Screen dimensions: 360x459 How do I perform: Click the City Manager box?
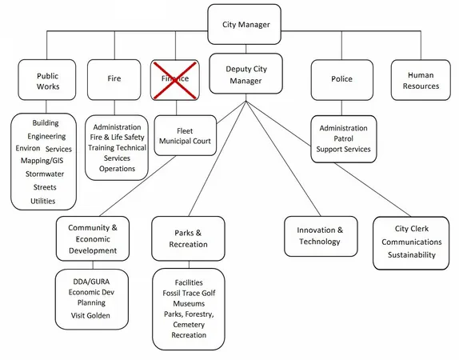pyautogui.click(x=245, y=24)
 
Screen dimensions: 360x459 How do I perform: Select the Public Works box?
pyautogui.click(x=47, y=81)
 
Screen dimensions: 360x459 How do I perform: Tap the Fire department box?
pyautogui.click(x=114, y=79)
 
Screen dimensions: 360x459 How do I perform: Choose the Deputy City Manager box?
pyautogui.click(x=245, y=75)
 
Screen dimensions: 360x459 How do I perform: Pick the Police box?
pyautogui.click(x=341, y=79)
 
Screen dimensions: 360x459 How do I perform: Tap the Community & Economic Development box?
pyautogui.click(x=93, y=239)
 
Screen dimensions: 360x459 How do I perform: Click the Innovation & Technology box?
pyautogui.click(x=319, y=236)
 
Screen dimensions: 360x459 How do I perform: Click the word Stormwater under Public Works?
pyautogui.click(x=45, y=174)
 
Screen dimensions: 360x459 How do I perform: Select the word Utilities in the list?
pyautogui.click(x=43, y=201)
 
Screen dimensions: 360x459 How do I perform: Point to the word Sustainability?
pyautogui.click(x=411, y=255)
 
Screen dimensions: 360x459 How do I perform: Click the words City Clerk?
pyautogui.click(x=411, y=229)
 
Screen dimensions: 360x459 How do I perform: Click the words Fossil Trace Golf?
pyautogui.click(x=189, y=294)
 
